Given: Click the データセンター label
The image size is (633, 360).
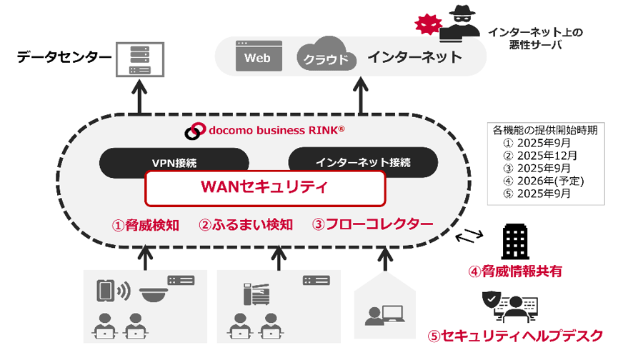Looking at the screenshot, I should coord(65,56).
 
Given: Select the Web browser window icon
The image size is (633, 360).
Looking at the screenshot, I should coord(257,56).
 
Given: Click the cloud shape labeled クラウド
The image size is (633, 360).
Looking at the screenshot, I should coord(326,54).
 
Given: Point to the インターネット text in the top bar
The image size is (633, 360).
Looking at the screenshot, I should coord(414,57).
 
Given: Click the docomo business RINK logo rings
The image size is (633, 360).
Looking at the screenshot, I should coord(194,131).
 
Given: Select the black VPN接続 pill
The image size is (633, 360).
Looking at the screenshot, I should coord(174,162).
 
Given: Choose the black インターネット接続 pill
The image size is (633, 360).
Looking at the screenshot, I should coord(363,161).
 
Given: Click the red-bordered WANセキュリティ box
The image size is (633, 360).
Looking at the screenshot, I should coord(265,188).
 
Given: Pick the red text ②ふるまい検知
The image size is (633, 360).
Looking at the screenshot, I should coord(246,225).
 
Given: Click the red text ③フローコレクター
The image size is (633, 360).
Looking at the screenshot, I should coord(372,224).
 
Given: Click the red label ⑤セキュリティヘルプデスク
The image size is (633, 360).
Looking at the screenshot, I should coord(515,334).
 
